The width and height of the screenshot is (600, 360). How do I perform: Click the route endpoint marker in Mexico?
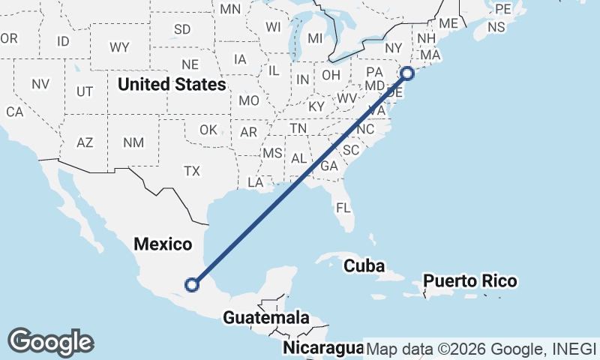[193, 284]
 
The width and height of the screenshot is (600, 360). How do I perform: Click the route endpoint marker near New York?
[407, 73]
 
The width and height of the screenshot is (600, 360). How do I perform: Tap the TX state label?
[192, 171]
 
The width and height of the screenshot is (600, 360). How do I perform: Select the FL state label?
[343, 207]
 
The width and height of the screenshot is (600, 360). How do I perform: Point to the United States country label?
[171, 84]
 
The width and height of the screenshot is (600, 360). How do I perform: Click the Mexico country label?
[163, 244]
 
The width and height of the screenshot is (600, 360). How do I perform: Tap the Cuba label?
[364, 265]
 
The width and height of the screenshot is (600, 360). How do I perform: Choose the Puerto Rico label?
[470, 281]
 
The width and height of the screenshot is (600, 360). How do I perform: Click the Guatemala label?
[266, 317]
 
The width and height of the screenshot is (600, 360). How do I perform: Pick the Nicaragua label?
[323, 348]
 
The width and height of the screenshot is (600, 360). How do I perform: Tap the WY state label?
[119, 47]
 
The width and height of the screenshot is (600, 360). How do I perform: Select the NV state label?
[40, 84]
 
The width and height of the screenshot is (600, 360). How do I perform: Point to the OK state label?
[208, 130]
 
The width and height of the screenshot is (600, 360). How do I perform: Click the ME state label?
[448, 23]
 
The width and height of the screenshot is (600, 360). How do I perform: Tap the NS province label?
[496, 27]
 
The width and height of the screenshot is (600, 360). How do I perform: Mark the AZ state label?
[85, 142]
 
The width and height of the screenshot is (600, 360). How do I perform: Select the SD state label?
[182, 30]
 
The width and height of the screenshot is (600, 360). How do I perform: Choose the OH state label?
[331, 75]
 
